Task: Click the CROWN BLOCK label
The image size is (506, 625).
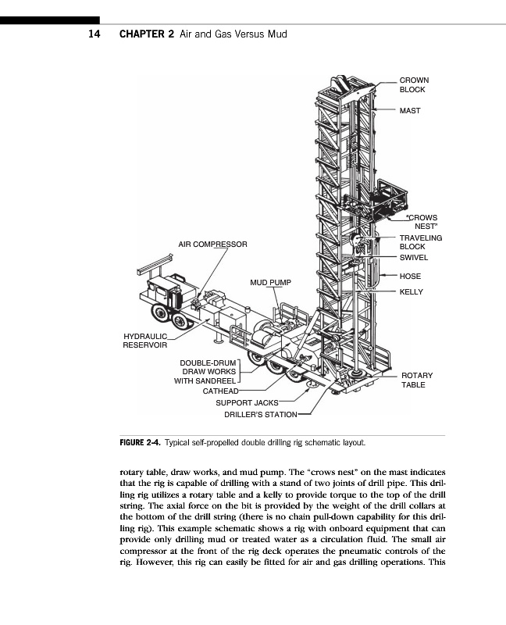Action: tap(413, 84)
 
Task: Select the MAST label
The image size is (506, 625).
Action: tap(410, 111)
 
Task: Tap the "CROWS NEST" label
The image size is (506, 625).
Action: tap(422, 222)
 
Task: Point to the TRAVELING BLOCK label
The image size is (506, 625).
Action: tap(420, 242)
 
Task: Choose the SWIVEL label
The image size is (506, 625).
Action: tap(414, 258)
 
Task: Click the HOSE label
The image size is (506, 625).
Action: tap(410, 277)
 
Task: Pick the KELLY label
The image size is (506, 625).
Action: tap(411, 291)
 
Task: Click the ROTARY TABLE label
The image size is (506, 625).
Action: tap(416, 380)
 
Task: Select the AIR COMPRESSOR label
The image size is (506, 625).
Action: tap(212, 245)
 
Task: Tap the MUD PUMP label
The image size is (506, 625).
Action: tap(269, 281)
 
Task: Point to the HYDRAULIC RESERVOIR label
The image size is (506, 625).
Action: tap(145, 341)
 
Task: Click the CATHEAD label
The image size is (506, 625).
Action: tap(221, 391)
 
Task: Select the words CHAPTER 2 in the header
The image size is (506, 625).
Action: tap(145, 35)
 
